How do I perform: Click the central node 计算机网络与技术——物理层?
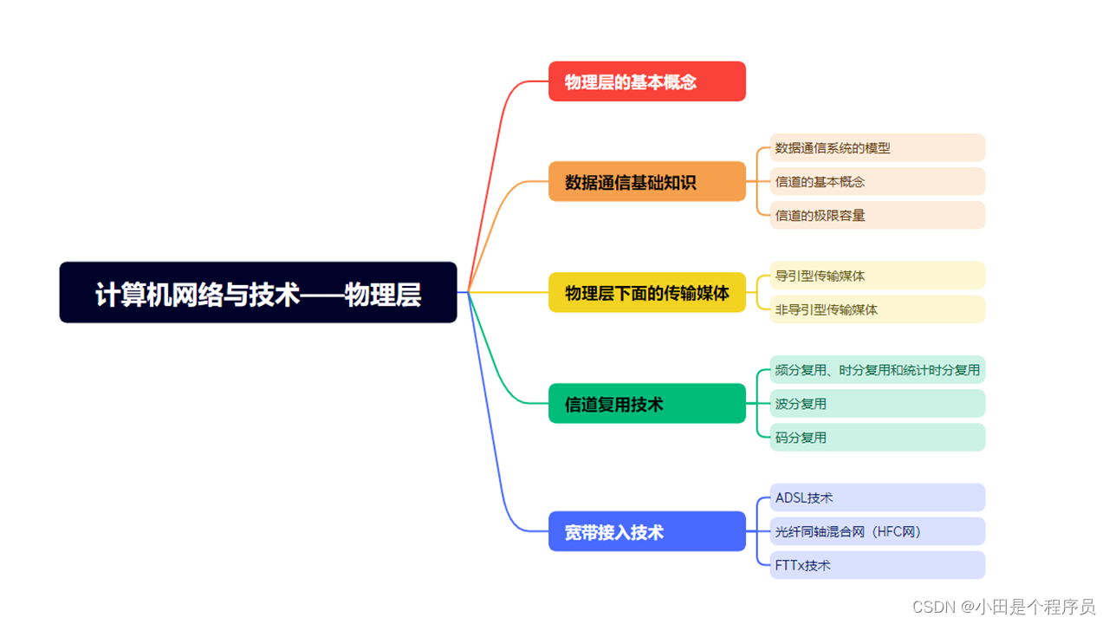click(x=257, y=293)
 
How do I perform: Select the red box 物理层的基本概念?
click(x=646, y=81)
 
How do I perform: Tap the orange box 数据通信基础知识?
click(x=646, y=182)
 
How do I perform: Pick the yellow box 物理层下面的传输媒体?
click(x=646, y=293)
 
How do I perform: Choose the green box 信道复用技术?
click(x=646, y=404)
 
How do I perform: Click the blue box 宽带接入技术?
click(x=646, y=531)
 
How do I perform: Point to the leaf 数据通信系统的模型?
click(x=877, y=148)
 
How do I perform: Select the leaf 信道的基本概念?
click(x=877, y=182)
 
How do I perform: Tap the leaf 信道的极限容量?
click(x=877, y=216)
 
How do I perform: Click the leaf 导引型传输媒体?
click(x=877, y=276)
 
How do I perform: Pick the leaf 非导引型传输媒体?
click(x=877, y=309)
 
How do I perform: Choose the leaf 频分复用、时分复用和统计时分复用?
click(x=877, y=370)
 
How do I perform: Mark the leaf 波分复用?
click(x=877, y=404)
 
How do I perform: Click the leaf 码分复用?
click(x=877, y=438)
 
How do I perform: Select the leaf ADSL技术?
click(x=877, y=498)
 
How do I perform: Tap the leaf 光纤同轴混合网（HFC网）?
click(x=877, y=531)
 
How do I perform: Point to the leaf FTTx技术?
click(x=877, y=565)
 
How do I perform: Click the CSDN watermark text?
click(x=1004, y=607)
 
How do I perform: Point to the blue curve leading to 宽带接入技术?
click(x=490, y=433)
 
